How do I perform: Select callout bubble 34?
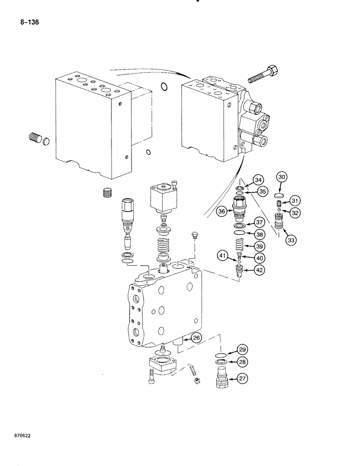point(259,180)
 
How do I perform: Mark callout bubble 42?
point(259,269)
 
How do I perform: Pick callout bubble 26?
point(196,338)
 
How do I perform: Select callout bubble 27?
point(241,379)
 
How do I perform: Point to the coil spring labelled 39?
point(239,244)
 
